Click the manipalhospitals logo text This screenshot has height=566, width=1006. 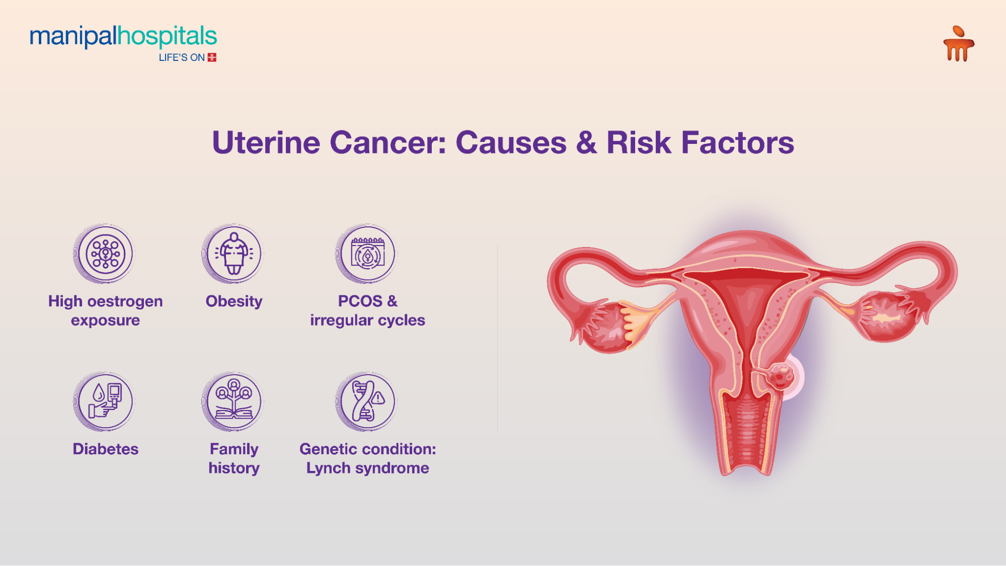click(123, 36)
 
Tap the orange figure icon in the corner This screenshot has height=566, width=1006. click(959, 44)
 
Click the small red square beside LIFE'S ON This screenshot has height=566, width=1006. click(212, 57)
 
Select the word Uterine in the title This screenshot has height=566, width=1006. click(266, 143)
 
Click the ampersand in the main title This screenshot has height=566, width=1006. click(586, 143)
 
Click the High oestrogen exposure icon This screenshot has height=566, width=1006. click(105, 254)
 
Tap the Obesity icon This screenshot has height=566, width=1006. click(234, 254)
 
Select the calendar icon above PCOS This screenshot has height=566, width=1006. click(367, 254)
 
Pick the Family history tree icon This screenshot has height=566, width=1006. click(234, 401)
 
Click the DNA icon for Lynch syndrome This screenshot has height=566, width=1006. click(367, 401)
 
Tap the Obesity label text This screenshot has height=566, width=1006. click(234, 302)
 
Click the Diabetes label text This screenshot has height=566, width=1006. click(106, 449)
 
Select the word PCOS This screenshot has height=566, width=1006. click(360, 301)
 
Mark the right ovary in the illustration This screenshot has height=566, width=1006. click(886, 317)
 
